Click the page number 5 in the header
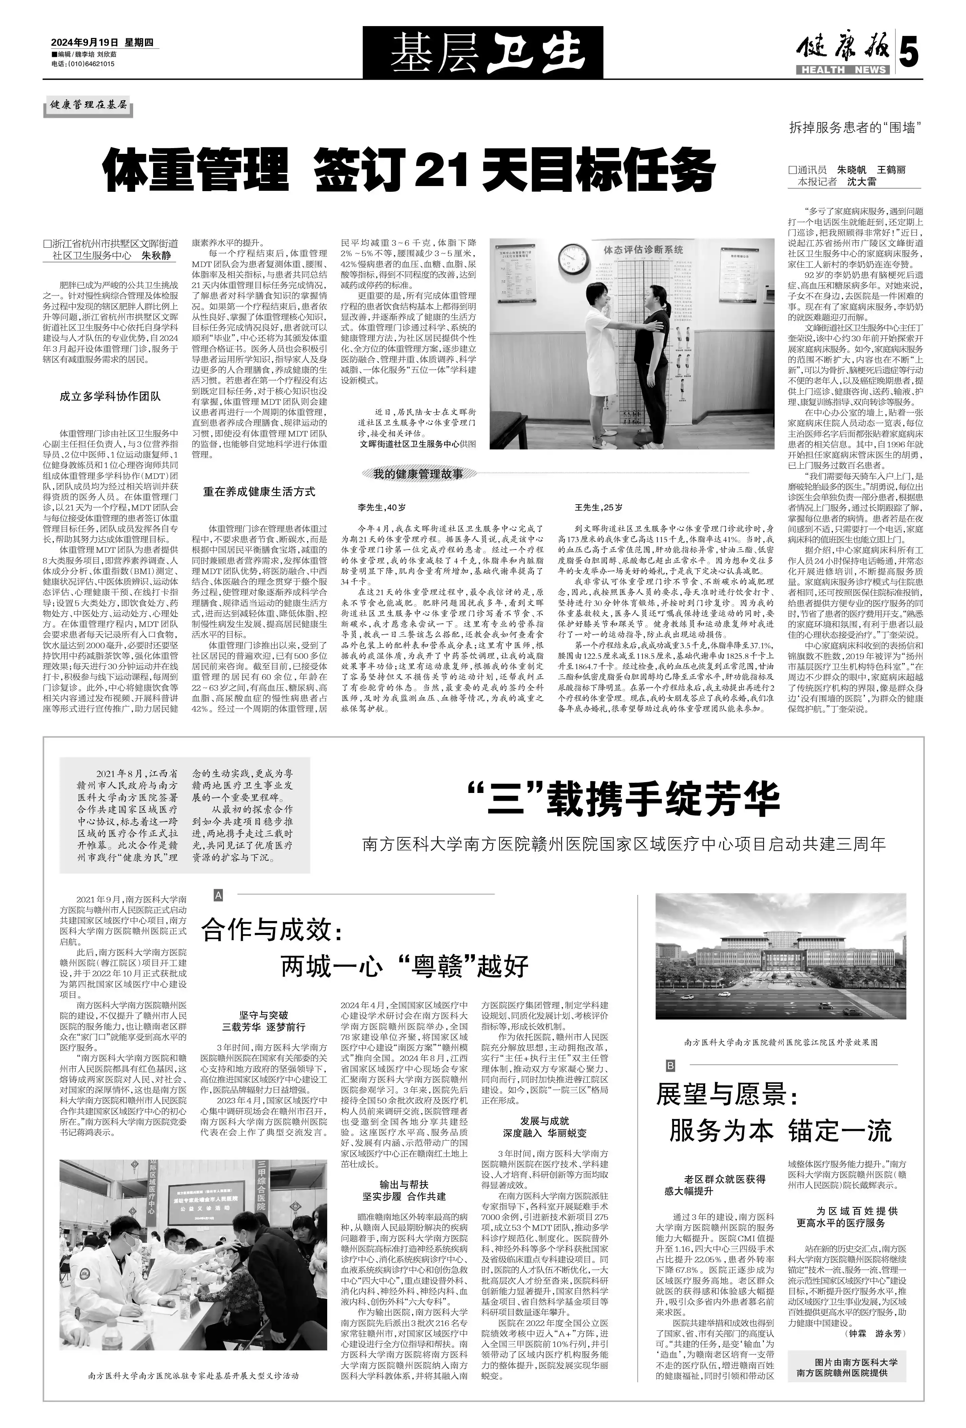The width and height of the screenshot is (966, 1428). [x=909, y=54]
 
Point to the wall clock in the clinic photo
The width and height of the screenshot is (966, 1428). [x=573, y=261]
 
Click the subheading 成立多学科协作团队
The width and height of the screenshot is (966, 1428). [x=110, y=396]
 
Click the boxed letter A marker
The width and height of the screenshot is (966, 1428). [x=218, y=896]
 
